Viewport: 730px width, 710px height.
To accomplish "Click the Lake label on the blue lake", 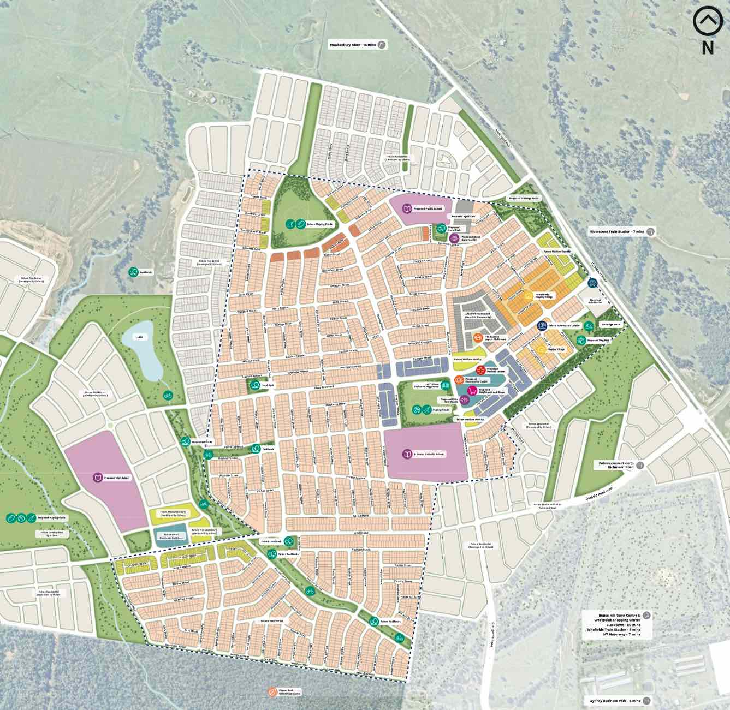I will click(140, 337).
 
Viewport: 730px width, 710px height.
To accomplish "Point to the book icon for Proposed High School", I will click(98, 478).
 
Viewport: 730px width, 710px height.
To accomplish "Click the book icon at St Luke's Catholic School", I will click(407, 454).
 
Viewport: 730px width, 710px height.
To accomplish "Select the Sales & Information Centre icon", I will click(542, 326).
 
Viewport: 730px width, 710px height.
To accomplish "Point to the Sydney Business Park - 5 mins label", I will click(614, 700).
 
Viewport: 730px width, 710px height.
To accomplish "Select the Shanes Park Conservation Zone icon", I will click(271, 692).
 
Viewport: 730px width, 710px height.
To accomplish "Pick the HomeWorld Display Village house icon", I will click(528, 296).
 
